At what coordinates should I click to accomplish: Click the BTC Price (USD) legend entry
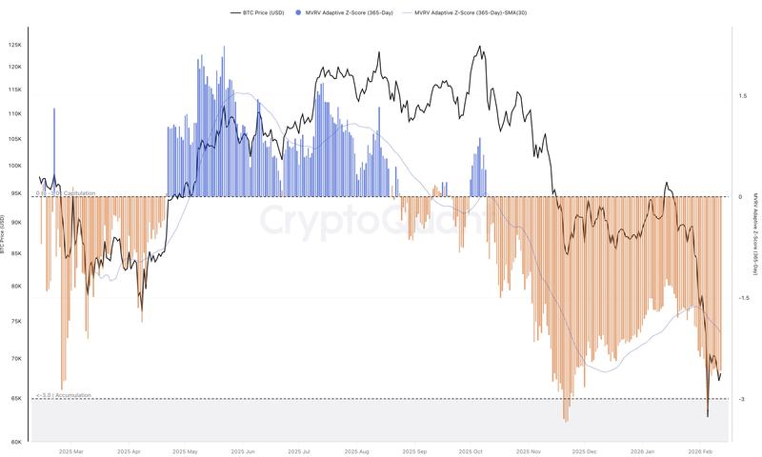point(259,12)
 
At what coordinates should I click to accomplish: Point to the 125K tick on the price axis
point(15,46)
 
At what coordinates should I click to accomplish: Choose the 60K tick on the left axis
point(15,442)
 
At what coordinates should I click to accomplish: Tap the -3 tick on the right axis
point(741,399)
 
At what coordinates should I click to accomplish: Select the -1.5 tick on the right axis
point(741,298)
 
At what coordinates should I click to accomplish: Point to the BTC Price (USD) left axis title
point(4,235)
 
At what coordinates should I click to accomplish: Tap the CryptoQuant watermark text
point(371,221)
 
